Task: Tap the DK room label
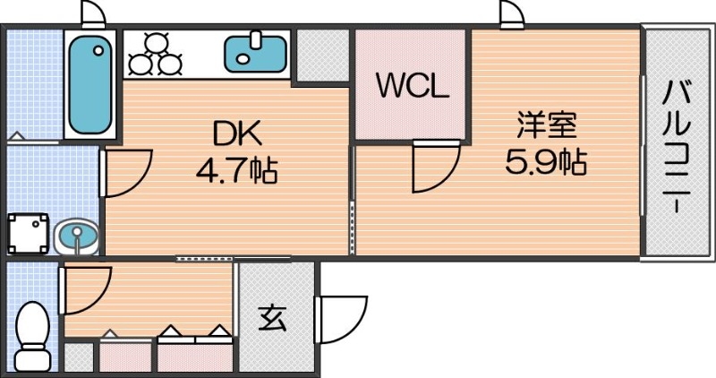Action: [236, 133]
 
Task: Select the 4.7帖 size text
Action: [236, 168]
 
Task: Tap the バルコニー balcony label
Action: [678, 146]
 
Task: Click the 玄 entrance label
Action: [272, 319]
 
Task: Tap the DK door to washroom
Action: [125, 173]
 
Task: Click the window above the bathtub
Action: [91, 13]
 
